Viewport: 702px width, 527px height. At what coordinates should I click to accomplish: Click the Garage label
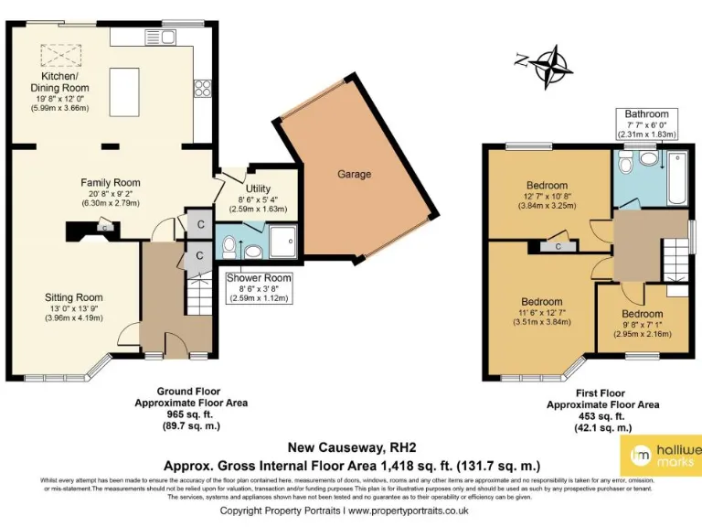[354, 174]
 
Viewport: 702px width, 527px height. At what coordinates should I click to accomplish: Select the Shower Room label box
[260, 285]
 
